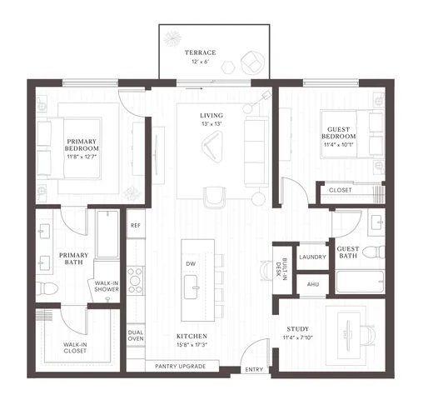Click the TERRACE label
click(x=201, y=52)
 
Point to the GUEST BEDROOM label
click(x=339, y=132)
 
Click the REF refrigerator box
click(x=135, y=225)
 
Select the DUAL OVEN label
click(x=136, y=335)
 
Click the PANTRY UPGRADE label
click(x=182, y=366)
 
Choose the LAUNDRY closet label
click(x=312, y=257)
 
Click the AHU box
click(x=313, y=284)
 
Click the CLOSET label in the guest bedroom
click(x=340, y=190)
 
